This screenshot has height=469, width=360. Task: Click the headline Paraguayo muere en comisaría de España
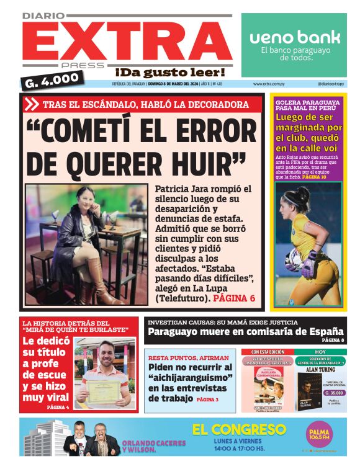pos(245,331)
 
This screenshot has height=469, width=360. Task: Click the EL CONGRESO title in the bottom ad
pos(239,429)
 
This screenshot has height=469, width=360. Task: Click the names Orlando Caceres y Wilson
pos(154,447)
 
